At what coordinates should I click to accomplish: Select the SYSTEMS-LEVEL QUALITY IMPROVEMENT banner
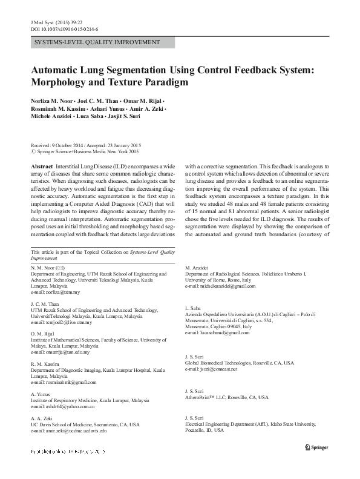tap(97, 42)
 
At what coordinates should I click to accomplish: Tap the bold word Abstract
tap(41, 165)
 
